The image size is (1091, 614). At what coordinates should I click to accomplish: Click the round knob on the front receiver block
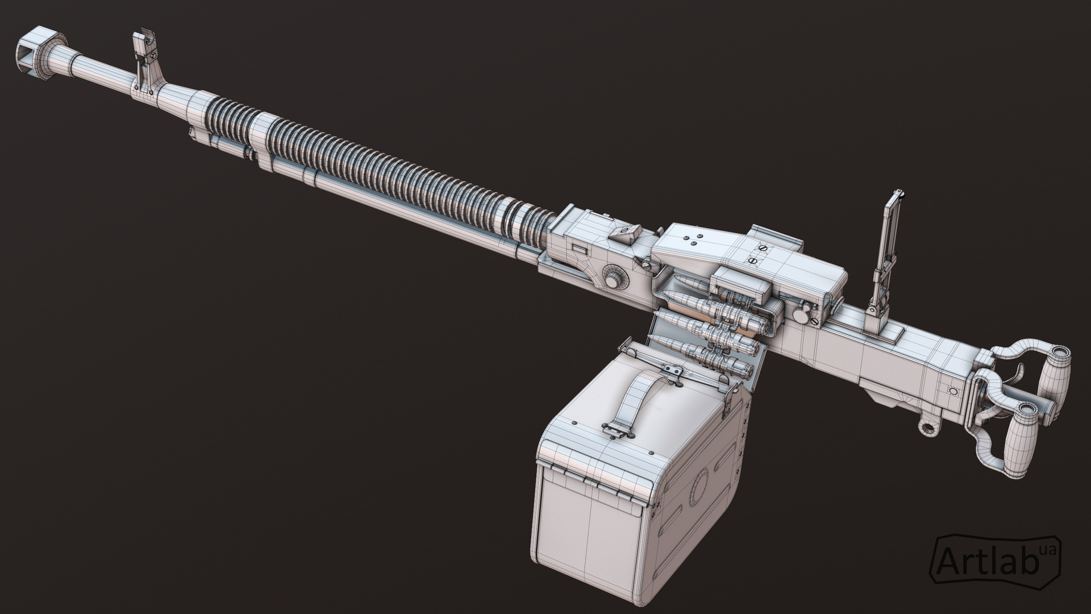(614, 279)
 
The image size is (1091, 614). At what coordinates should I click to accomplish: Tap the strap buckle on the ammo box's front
(617, 430)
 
